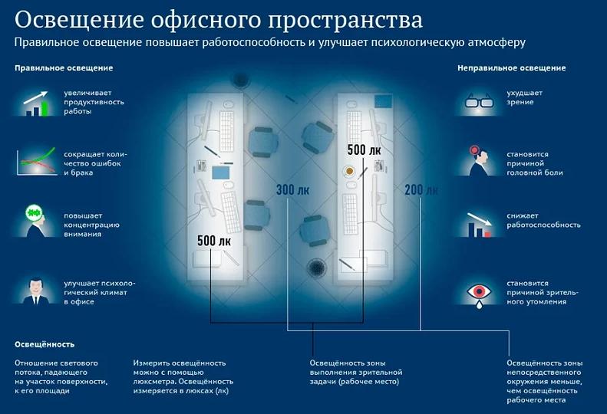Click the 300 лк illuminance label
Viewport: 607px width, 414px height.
[292, 190]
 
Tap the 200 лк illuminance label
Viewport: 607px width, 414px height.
[421, 190]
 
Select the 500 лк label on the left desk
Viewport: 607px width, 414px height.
[214, 241]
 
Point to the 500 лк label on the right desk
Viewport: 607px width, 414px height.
[364, 149]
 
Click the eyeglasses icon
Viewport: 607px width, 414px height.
[480, 102]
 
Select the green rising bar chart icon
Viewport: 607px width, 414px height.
[36, 103]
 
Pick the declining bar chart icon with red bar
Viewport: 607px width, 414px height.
[480, 225]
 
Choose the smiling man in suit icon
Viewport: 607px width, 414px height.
[36, 291]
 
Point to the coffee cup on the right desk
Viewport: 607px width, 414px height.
[350, 171]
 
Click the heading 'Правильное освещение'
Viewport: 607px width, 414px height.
[64, 68]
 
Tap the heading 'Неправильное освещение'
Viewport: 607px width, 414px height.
[511, 68]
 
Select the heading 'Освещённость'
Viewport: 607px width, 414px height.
[45, 344]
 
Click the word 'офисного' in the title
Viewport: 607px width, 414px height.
[206, 21]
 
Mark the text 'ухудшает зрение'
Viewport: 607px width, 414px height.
[525, 97]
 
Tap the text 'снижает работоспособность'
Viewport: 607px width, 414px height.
[543, 220]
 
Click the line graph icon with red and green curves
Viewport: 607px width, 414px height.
[36, 162]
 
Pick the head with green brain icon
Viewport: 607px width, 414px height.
[36, 221]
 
